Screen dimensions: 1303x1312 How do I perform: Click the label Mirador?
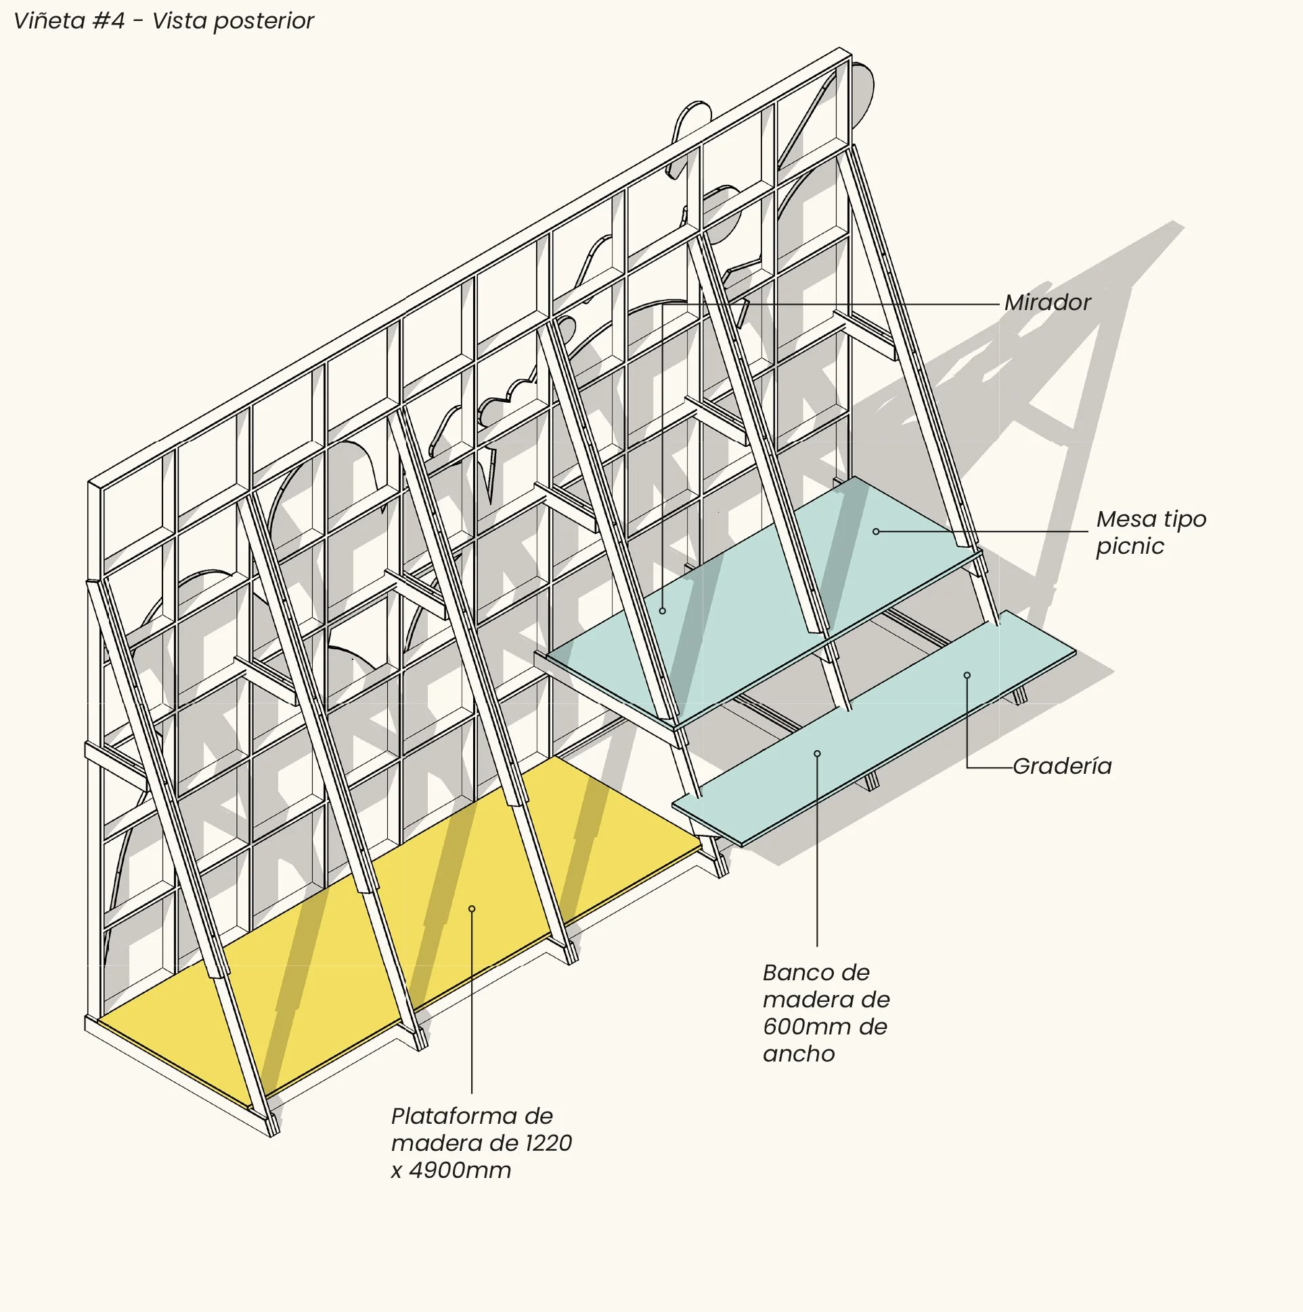coord(1047,303)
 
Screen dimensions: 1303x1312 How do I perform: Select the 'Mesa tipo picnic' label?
coord(1150,532)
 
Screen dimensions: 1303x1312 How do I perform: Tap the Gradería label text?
coord(1062,767)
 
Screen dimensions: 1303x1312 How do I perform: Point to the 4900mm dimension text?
coord(460,1171)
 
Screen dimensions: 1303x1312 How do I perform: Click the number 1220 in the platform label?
coord(549,1143)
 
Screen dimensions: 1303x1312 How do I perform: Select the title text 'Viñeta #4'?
coord(69,21)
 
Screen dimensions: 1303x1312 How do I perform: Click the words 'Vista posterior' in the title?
coord(232,21)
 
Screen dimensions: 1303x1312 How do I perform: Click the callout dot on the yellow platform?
coord(472,909)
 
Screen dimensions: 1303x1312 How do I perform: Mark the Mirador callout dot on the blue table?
coord(663,611)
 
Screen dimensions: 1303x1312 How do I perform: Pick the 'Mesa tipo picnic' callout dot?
coord(876,531)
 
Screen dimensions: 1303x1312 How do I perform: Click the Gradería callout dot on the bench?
coord(967,675)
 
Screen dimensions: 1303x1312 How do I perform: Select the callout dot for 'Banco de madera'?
coord(818,753)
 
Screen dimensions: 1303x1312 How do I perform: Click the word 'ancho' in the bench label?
coord(799,1054)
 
